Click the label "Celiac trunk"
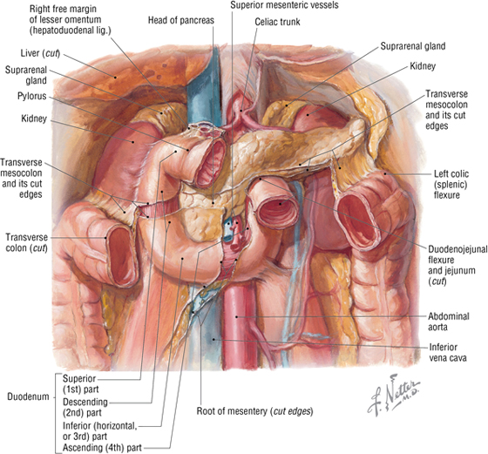(x=277, y=22)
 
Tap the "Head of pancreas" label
(x=181, y=21)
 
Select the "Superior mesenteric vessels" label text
(x=284, y=5)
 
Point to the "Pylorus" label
(x=31, y=96)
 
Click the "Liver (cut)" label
(x=40, y=53)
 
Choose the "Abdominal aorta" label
(x=449, y=322)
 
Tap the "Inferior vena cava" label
(x=448, y=352)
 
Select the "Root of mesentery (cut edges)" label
(x=254, y=411)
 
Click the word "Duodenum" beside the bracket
(x=28, y=396)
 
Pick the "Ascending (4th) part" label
(x=102, y=448)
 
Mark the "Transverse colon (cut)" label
(x=26, y=243)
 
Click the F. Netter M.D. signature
(x=393, y=396)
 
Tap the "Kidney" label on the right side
(x=423, y=66)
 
